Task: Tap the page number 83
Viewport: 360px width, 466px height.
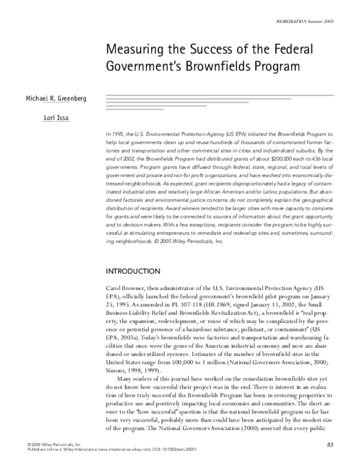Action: pyautogui.click(x=329, y=444)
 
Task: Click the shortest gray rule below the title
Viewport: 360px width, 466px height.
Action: pyautogui.click(x=135, y=109)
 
